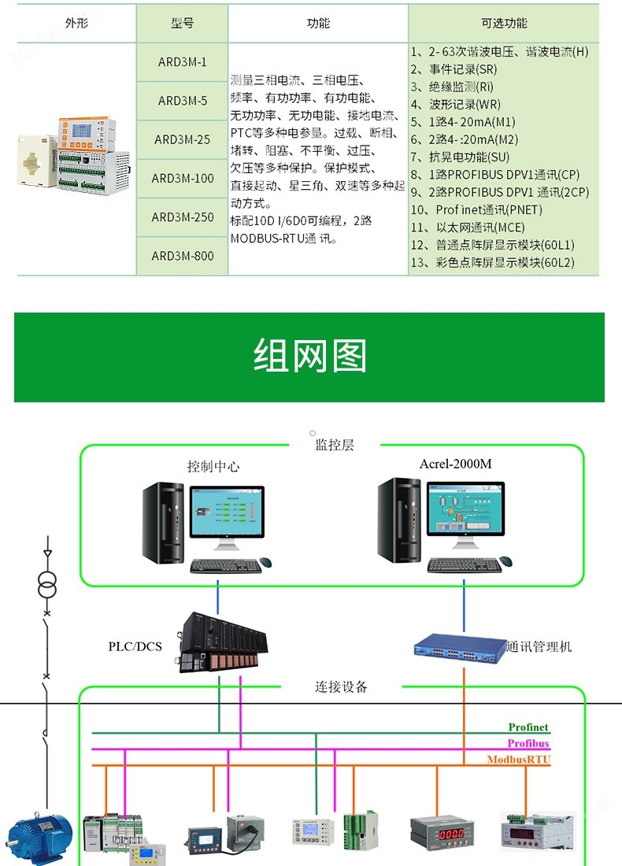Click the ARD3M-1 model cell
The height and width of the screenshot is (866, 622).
click(x=182, y=61)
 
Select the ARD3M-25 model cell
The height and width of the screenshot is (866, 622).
click(x=182, y=139)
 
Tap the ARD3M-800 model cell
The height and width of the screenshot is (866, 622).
click(x=182, y=256)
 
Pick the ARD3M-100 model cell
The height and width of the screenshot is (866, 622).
click(x=182, y=178)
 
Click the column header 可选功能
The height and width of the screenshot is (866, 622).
click(x=504, y=24)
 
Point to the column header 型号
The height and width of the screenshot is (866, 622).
click(x=182, y=24)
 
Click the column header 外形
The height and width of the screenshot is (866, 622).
click(x=76, y=24)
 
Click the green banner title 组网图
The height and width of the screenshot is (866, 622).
click(x=309, y=357)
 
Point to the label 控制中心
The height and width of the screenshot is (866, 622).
click(x=213, y=466)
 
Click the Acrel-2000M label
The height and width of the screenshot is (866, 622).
click(x=455, y=464)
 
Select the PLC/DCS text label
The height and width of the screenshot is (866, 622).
click(x=135, y=647)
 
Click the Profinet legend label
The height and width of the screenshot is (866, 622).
click(x=528, y=727)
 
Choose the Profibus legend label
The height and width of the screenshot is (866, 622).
click(x=528, y=744)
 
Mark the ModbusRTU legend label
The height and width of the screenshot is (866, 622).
click(x=519, y=760)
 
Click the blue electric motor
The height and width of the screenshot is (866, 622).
click(x=39, y=837)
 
